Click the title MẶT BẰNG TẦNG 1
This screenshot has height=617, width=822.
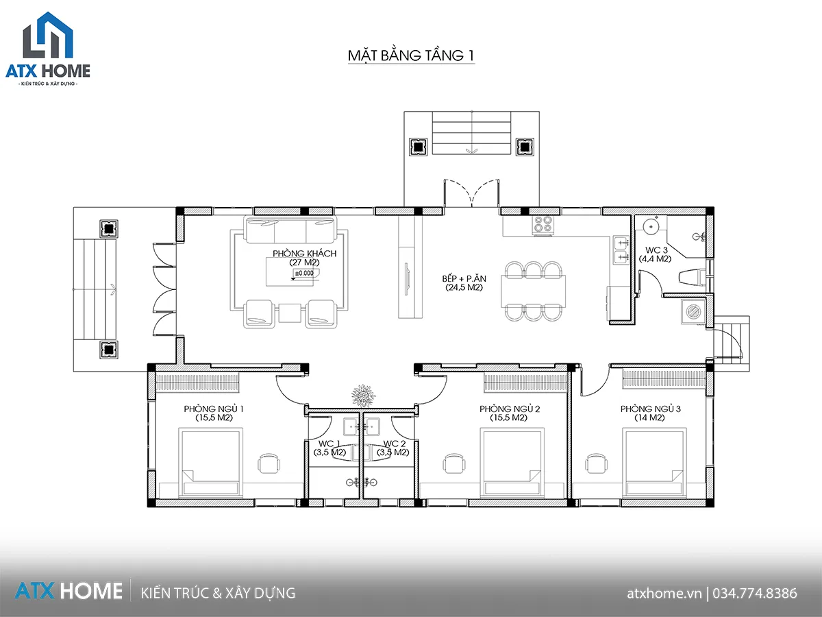[411, 56]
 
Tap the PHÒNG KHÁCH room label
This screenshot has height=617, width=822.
[304, 254]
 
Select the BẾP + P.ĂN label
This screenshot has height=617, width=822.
[464, 279]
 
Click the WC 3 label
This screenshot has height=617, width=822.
[656, 250]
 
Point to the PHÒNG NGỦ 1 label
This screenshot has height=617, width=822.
[214, 409]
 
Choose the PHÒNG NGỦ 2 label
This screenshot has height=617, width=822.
[510, 409]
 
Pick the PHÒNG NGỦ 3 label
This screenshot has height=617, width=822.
[651, 409]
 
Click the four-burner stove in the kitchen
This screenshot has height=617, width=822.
[543, 225]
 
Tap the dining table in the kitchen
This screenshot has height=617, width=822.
[533, 291]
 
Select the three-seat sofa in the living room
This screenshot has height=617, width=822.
[290, 230]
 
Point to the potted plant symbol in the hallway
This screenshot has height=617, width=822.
[363, 396]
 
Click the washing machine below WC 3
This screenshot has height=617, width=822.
[693, 312]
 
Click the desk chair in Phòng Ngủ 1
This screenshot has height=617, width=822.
[269, 465]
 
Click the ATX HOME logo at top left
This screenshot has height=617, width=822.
[48, 49]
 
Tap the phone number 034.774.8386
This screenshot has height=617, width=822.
[755, 594]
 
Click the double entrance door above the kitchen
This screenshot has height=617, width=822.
[472, 193]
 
